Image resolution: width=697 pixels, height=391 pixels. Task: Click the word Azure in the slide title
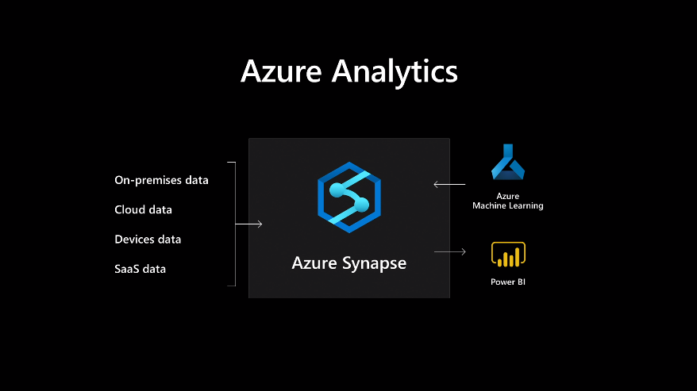pyautogui.click(x=281, y=71)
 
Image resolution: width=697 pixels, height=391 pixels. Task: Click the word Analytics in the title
pyautogui.click(x=395, y=72)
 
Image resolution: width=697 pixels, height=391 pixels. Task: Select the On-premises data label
pyautogui.click(x=161, y=180)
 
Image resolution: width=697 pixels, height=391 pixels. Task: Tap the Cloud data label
pyautogui.click(x=143, y=210)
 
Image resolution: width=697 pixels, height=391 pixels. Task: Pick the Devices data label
pyautogui.click(x=148, y=240)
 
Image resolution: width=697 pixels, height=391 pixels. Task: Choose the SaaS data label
pyautogui.click(x=140, y=269)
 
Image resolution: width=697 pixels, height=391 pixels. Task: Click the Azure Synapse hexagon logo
pyautogui.click(x=348, y=197)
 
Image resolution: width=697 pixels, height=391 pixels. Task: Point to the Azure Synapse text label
pyautogui.click(x=348, y=263)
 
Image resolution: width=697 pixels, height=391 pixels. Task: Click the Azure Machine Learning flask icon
pyautogui.click(x=508, y=163)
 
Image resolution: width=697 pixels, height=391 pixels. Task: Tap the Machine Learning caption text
pyautogui.click(x=508, y=206)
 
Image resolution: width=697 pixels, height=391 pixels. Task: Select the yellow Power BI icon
pyautogui.click(x=508, y=255)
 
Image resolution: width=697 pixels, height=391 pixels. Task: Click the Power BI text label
pyautogui.click(x=508, y=282)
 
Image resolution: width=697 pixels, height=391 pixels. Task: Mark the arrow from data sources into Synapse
pyautogui.click(x=248, y=224)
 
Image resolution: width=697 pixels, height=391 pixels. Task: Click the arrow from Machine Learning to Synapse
pyautogui.click(x=449, y=185)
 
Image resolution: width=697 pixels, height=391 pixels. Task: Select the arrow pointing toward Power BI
pyautogui.click(x=450, y=252)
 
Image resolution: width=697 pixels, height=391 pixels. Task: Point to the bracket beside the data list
pyautogui.click(x=235, y=224)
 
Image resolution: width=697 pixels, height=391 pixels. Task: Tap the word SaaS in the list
pyautogui.click(x=127, y=269)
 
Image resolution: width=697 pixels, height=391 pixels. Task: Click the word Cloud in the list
pyautogui.click(x=129, y=210)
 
